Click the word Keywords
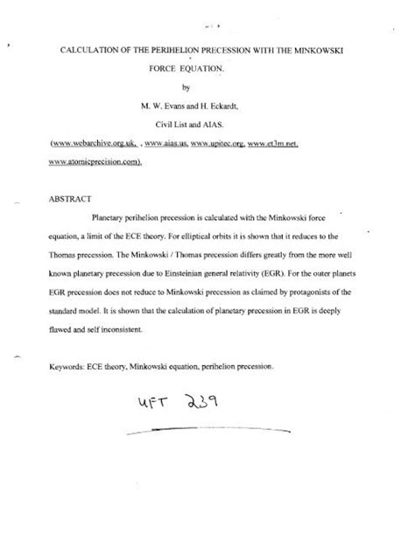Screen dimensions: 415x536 click(x=73, y=370)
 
